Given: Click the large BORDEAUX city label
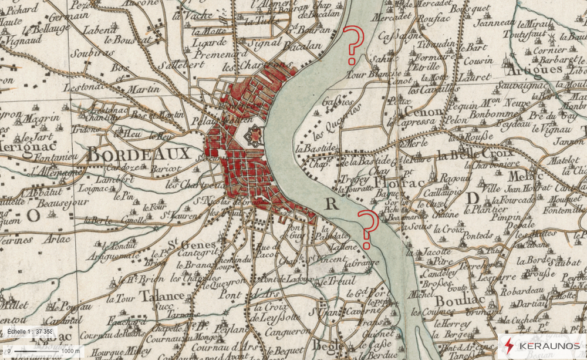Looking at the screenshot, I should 139,154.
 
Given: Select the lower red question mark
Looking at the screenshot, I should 368,228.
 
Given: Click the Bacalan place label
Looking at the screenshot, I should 302,45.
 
